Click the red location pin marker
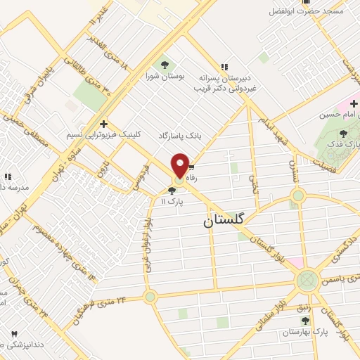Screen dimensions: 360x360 pyautogui.click(x=180, y=165)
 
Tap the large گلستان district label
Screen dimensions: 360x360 pyautogui.click(x=226, y=220)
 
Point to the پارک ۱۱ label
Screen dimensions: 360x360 pyautogui.click(x=172, y=200)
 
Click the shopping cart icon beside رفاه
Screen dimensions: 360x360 pyautogui.click(x=191, y=168)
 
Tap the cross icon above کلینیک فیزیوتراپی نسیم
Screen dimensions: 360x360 pyautogui.click(x=103, y=123)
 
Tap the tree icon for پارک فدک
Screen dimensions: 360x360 pyautogui.click(x=344, y=132)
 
